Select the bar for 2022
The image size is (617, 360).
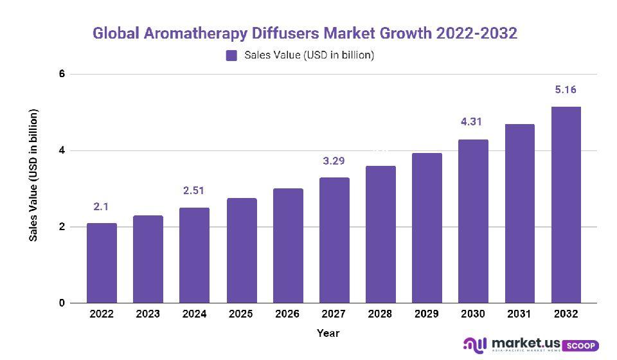[102, 263]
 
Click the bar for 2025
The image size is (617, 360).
[241, 251]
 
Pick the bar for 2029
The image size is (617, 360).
[427, 228]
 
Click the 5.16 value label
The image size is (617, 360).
[566, 90]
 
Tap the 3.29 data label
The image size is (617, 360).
[334, 161]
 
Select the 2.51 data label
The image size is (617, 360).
[194, 190]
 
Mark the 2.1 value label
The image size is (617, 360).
[102, 206]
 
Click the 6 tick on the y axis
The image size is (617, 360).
[62, 74]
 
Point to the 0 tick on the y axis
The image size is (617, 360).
[62, 303]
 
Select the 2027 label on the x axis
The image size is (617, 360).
[334, 314]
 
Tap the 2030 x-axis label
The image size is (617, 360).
[473, 314]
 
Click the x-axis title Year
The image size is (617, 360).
[328, 333]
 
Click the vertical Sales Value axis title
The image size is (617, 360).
[33, 175]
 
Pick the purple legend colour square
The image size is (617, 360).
[231, 56]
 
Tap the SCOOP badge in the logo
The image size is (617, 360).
[582, 345]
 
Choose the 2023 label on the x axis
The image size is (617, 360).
[148, 314]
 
